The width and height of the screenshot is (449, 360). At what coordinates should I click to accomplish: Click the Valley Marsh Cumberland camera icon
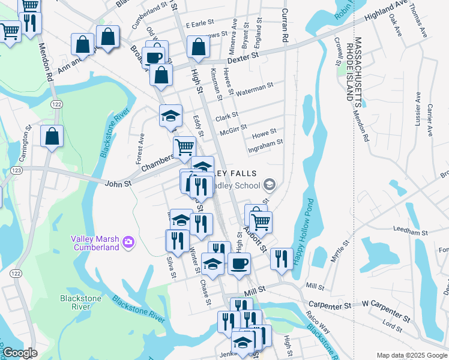127,242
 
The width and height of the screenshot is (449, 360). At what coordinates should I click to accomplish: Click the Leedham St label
410,231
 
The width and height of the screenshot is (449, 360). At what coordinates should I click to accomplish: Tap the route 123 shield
16,171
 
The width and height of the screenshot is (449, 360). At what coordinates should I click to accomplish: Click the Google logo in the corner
19,353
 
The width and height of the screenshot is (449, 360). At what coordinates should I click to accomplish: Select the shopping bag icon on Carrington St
52,136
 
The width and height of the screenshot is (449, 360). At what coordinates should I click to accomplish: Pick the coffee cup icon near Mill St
239,263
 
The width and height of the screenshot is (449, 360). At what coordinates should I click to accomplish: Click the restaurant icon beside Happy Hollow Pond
282,259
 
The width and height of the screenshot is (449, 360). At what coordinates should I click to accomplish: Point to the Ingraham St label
265,144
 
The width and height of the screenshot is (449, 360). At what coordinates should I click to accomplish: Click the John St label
117,182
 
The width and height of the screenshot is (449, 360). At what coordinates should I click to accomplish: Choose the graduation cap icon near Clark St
170,115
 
